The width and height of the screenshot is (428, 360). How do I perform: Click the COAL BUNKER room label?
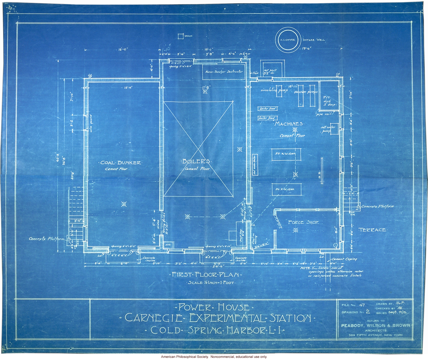click(x=120, y=163)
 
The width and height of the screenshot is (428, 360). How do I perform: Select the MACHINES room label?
click(x=289, y=124)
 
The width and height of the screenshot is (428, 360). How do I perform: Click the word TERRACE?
click(x=372, y=230)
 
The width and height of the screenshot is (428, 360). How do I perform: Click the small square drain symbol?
click(x=180, y=36)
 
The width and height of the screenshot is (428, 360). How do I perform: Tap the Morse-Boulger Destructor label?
click(x=224, y=72)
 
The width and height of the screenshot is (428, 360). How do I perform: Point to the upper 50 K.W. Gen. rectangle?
click(x=286, y=154)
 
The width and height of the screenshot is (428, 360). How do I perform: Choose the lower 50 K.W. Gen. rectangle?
click(x=286, y=189)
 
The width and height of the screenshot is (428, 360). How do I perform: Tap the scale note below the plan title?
click(x=211, y=283)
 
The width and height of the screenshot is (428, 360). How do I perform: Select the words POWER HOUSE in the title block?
click(x=214, y=307)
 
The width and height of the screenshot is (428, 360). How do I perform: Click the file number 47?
click(x=362, y=305)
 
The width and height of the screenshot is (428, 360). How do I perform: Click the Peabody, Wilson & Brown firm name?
click(x=376, y=325)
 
